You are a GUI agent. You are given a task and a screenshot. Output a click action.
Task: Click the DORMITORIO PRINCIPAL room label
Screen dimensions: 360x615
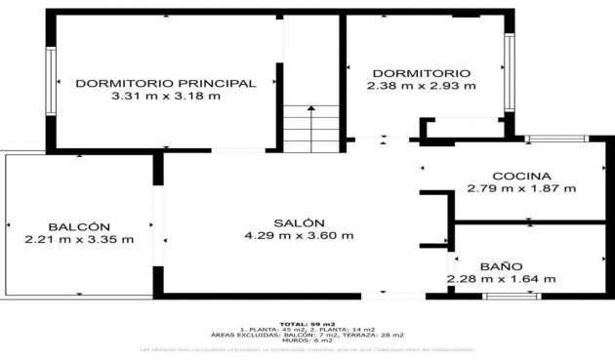(x=166, y=83)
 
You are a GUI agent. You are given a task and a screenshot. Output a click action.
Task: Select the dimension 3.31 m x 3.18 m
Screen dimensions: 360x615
(x=166, y=96)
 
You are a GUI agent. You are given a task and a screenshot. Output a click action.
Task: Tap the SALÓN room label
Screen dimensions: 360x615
(x=299, y=222)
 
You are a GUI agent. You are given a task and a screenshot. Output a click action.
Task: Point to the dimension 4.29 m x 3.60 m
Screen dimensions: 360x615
(x=299, y=235)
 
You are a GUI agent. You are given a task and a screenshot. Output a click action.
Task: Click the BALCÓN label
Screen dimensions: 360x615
(x=79, y=226)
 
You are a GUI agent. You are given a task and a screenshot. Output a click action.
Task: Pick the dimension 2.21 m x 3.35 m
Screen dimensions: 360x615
(x=79, y=239)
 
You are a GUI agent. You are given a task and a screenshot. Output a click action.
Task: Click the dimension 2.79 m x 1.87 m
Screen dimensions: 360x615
(x=521, y=188)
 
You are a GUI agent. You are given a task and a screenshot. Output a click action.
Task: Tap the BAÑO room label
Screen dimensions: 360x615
(x=501, y=265)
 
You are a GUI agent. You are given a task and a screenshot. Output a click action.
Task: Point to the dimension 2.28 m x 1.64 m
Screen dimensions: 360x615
(x=501, y=279)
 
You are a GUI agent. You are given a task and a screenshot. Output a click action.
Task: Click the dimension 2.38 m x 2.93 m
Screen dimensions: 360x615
(x=422, y=86)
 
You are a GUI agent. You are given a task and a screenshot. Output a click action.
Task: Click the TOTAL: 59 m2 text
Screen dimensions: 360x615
(x=307, y=323)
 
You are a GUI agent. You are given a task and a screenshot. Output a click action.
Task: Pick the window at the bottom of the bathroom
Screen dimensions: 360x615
(x=512, y=295)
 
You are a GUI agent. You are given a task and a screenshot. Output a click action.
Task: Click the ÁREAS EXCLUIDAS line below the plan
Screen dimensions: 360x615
(x=307, y=335)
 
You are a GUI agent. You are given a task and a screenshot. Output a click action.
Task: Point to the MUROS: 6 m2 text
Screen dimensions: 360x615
(x=307, y=340)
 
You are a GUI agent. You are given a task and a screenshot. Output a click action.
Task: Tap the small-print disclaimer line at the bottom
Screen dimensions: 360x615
(x=307, y=349)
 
